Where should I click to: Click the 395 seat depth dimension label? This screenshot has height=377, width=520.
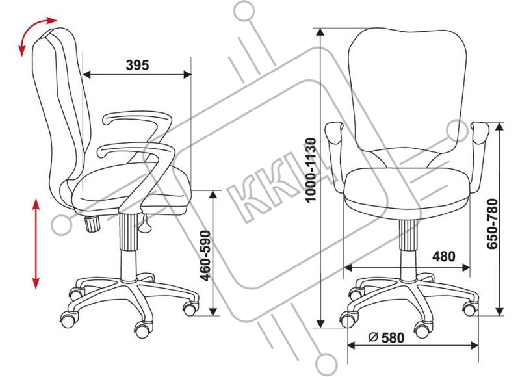point(137,65)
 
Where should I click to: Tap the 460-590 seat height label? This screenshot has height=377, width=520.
point(206,255)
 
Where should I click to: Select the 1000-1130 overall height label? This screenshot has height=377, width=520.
point(311,170)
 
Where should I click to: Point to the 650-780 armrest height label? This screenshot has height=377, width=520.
point(492,224)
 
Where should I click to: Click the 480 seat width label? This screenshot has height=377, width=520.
point(444,256)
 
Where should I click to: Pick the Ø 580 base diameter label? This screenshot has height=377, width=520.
point(386,337)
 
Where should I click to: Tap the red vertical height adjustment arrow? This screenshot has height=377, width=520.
point(36,244)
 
